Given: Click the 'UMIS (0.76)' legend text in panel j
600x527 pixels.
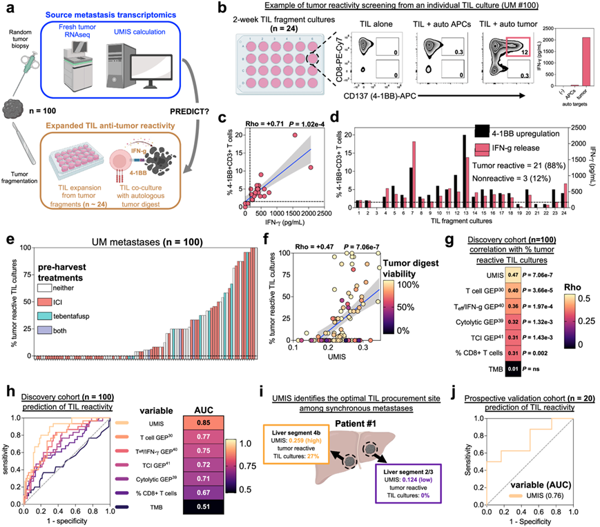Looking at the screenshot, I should click(542, 504).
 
